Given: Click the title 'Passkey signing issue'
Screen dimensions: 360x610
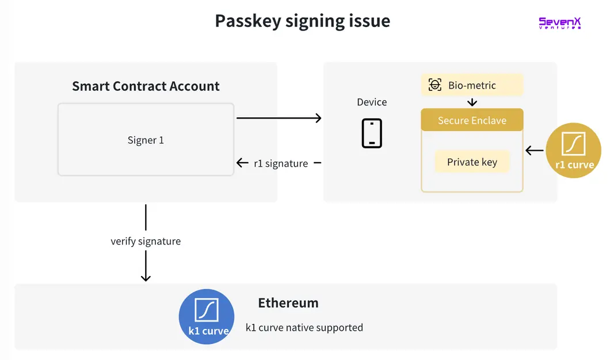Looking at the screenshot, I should (302, 21).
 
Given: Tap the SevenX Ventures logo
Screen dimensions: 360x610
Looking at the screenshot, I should (559, 23).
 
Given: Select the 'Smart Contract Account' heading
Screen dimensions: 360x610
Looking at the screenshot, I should (146, 86).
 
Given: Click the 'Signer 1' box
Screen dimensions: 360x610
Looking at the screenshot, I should (146, 140).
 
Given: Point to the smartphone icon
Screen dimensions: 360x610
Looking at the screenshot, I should (372, 133).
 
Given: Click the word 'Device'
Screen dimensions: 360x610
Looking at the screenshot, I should (372, 102).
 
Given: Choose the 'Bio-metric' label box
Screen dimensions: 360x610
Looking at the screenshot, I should (472, 85).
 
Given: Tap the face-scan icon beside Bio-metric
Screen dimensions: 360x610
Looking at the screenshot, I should (435, 85).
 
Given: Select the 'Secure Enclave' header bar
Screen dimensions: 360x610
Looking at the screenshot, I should (472, 120).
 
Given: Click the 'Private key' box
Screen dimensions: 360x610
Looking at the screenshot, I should (472, 162).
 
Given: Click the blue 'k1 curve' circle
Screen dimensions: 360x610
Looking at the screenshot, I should (207, 316).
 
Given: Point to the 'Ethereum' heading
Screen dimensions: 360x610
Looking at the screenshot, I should (288, 303).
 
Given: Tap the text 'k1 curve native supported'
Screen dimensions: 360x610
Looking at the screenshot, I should (304, 328).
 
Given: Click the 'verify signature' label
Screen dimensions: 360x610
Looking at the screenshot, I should (146, 241).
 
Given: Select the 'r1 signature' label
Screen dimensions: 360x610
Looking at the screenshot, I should (281, 163).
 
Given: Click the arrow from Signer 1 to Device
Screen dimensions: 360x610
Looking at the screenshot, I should (279, 118).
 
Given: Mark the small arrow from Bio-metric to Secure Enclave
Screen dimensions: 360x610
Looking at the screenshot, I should (472, 102).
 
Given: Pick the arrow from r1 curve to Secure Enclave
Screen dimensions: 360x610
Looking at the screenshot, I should (535, 151).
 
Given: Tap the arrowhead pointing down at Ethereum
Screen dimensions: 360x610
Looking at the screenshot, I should (146, 277).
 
